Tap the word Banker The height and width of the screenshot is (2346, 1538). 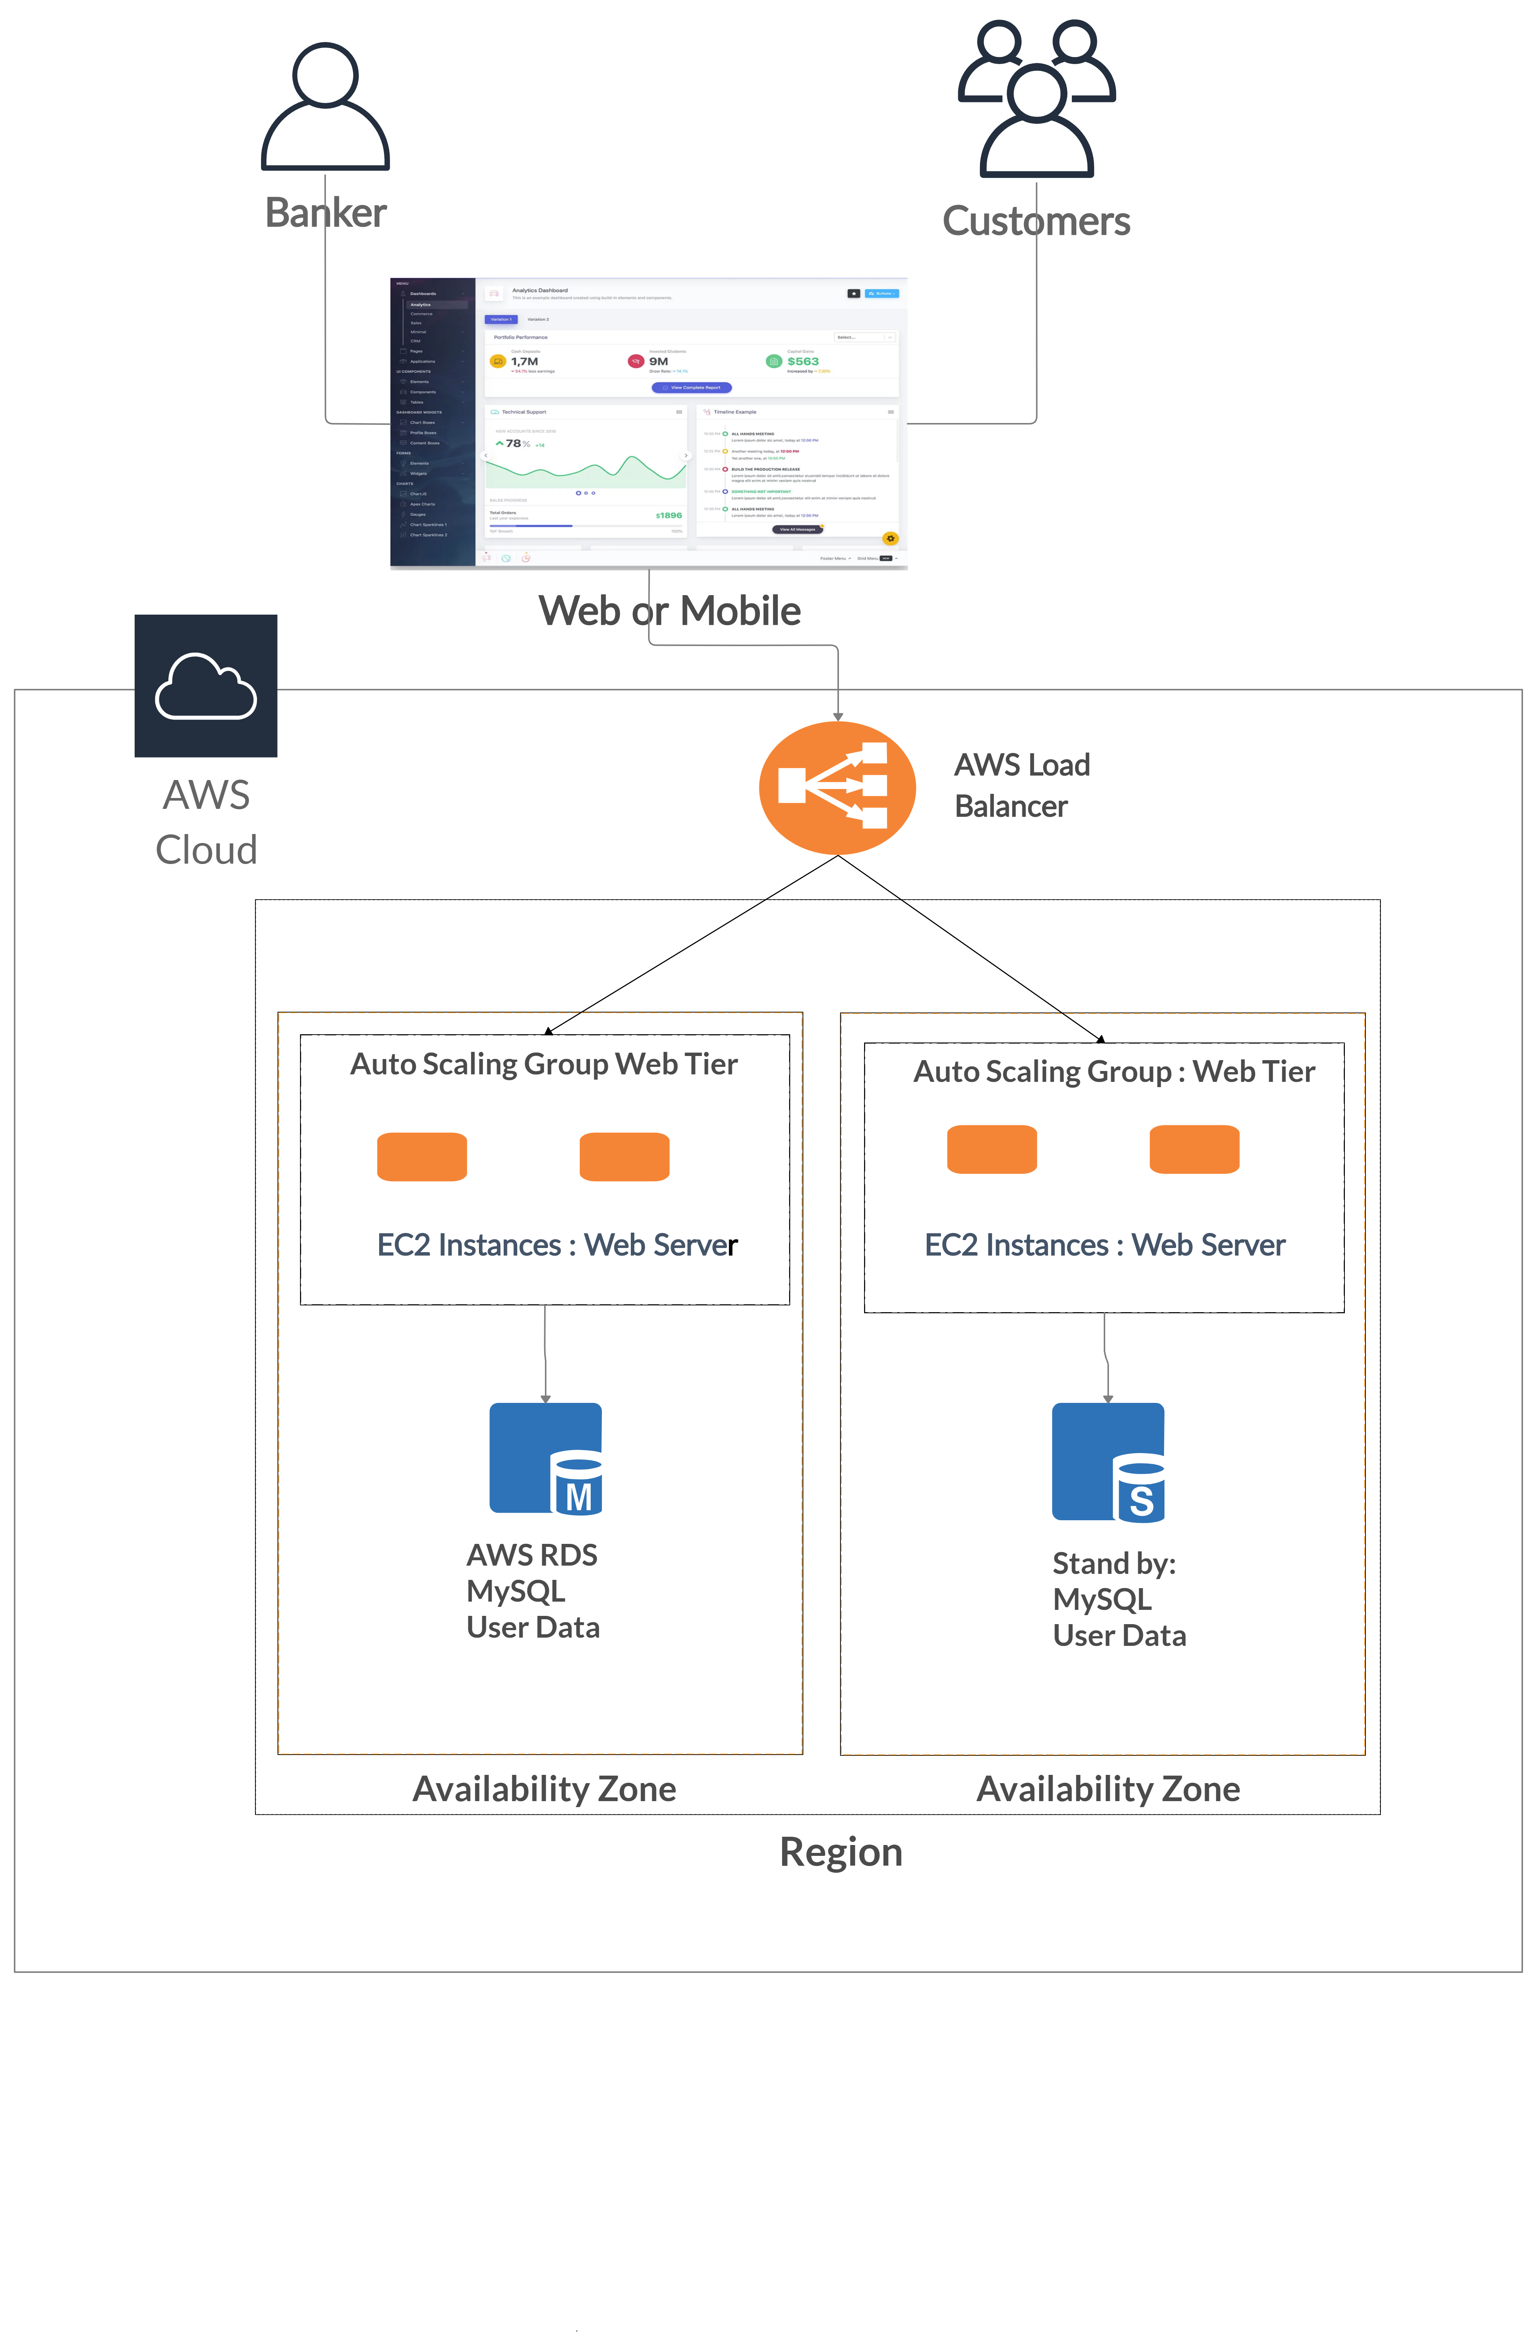326,213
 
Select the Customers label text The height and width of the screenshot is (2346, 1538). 1036,221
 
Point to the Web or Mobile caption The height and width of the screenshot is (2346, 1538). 669,611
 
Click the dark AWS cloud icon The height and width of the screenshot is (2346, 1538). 206,686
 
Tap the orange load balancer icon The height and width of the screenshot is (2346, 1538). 837,787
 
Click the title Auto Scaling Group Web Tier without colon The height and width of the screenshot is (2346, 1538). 544,1065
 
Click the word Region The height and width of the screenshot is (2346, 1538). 841,1852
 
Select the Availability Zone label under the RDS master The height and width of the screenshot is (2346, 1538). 544,1789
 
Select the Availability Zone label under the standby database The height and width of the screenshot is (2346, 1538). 1108,1789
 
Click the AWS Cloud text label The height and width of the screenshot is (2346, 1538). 206,822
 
